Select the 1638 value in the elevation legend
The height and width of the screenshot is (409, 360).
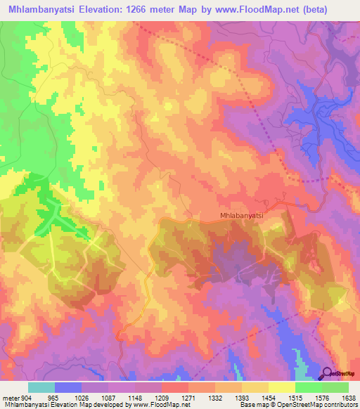tap(349, 397)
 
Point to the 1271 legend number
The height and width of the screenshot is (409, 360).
tap(188, 397)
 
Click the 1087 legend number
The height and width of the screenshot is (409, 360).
tap(108, 397)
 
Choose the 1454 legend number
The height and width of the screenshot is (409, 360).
tap(269, 397)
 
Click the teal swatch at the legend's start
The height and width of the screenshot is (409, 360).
tap(41, 387)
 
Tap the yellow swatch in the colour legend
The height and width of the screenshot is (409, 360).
tap(281, 387)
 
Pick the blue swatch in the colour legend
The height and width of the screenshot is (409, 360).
tap(68, 387)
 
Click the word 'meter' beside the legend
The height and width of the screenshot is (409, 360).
tap(11, 397)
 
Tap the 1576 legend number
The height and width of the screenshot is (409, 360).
tap(322, 397)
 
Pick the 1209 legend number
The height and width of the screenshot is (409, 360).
tap(162, 397)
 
